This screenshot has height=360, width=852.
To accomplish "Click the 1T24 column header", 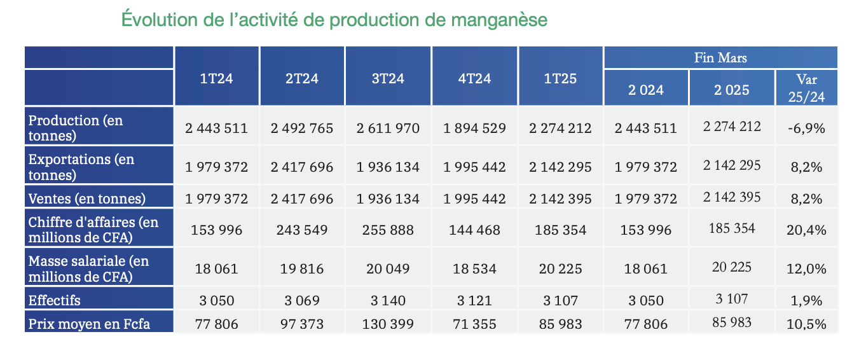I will pos(216,79).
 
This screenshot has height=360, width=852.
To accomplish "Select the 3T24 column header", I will pos(388,79).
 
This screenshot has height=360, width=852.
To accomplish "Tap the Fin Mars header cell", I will pos(720,58).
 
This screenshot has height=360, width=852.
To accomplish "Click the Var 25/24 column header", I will pos(806,88).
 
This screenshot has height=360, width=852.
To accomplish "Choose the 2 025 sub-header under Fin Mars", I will pos(731,90).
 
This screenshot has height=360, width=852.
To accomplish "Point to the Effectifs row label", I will pos(55,300).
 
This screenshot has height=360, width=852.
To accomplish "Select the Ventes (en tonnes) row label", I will pos(87,198).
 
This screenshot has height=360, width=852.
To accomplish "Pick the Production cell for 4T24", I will pos(474,128).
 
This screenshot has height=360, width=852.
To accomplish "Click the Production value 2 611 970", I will pos(388,128).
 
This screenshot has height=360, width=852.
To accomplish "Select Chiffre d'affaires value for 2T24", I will pos(302,230).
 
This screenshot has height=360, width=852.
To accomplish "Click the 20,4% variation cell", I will pos(806,230).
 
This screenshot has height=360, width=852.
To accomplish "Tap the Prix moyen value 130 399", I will pos(388,324).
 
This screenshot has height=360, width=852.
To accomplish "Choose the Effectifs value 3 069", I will pos(302,300).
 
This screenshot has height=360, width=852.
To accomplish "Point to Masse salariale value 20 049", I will pos(388,268).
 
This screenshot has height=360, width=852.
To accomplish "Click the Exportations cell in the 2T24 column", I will pos(302,167).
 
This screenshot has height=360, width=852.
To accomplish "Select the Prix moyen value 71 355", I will pos(474,324).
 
